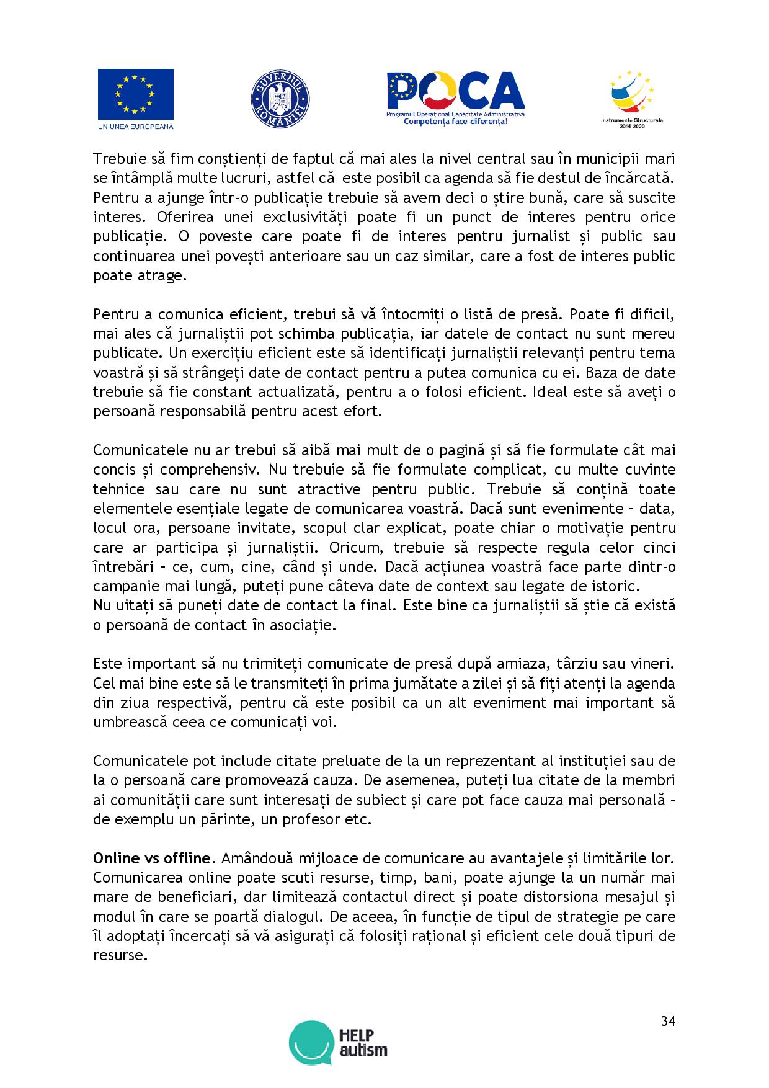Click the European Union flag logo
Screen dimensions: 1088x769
coord(135,94)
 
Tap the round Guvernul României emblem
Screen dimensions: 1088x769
coord(280,99)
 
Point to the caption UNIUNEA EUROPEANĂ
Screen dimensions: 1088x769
coord(135,126)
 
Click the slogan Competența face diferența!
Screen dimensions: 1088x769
coord(456,122)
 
